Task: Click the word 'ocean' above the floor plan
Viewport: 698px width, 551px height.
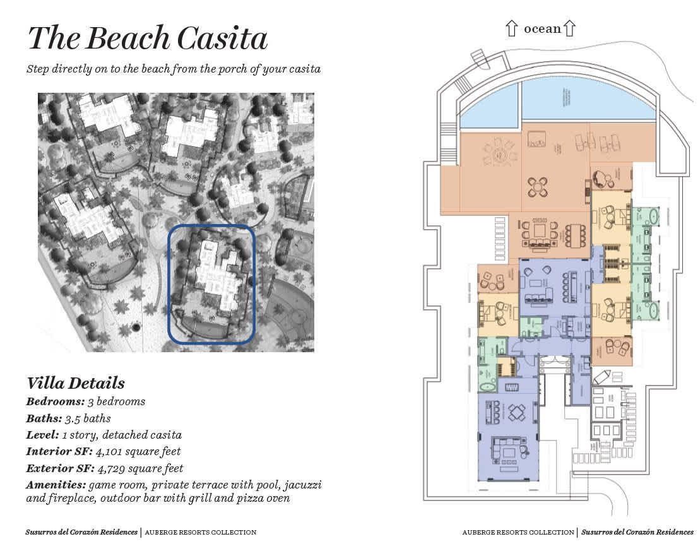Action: click(x=542, y=28)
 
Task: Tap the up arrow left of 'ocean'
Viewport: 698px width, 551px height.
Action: click(x=511, y=28)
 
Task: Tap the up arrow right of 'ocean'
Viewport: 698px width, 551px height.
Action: click(x=570, y=28)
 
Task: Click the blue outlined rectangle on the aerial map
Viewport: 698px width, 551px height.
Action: click(x=211, y=284)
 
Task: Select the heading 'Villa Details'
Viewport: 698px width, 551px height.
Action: click(x=76, y=383)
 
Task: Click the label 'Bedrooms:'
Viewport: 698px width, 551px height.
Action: click(x=56, y=401)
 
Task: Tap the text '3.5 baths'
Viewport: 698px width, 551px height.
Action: click(x=88, y=418)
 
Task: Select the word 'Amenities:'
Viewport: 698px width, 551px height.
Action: click(x=56, y=485)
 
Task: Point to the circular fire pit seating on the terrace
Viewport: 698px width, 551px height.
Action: click(x=495, y=153)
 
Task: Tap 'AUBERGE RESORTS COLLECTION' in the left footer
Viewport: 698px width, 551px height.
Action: click(x=201, y=533)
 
